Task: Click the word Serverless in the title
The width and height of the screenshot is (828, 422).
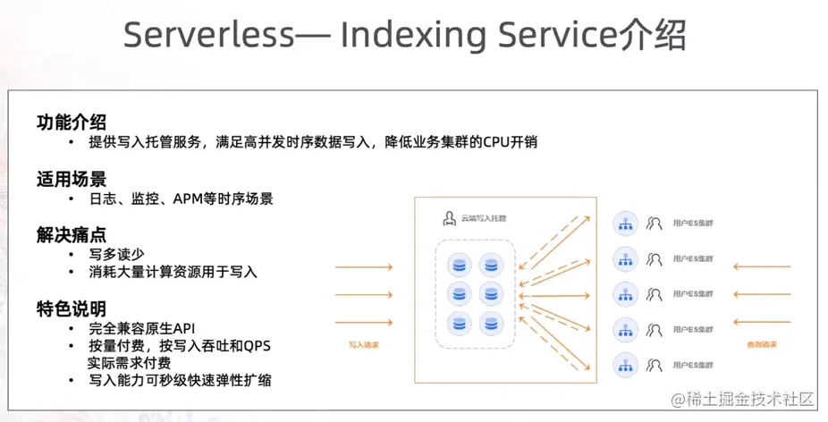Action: [x=207, y=36]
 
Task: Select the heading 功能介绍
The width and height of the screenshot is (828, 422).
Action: [x=72, y=122]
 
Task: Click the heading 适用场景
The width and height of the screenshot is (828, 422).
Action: [x=72, y=178]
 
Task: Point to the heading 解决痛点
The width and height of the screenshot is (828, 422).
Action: [x=72, y=234]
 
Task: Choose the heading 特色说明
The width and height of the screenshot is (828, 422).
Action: [x=72, y=308]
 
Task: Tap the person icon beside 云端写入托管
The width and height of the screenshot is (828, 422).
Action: [x=450, y=218]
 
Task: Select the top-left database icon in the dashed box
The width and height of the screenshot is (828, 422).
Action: [x=460, y=264]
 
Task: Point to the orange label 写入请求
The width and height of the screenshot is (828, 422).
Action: [x=364, y=343]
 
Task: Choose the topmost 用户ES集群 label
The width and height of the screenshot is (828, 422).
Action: [x=693, y=222]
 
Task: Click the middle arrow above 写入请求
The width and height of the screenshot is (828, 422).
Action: [x=364, y=292]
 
